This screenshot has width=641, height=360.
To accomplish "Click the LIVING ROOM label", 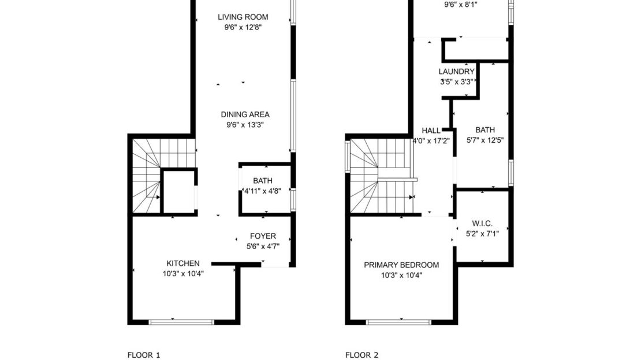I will [x=243, y=17].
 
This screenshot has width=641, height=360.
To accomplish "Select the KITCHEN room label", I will [x=183, y=263].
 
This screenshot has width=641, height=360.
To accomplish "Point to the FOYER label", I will [x=263, y=236].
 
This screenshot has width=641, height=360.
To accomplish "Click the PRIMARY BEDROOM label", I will [x=401, y=265].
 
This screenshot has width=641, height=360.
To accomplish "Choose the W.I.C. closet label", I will [x=482, y=222].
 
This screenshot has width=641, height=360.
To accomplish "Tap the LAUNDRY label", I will [x=456, y=72].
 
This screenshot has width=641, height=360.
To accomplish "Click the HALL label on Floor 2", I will [x=431, y=131].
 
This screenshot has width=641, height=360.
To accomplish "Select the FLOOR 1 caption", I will [x=143, y=355].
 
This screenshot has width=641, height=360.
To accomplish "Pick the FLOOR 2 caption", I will [x=362, y=355].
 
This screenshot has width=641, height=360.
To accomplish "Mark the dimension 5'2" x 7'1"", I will [x=482, y=233].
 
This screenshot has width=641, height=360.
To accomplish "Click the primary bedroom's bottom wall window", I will [x=399, y=322].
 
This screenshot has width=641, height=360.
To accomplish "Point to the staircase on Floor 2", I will [x=378, y=176].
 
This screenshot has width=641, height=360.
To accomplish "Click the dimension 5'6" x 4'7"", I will [x=263, y=246].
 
